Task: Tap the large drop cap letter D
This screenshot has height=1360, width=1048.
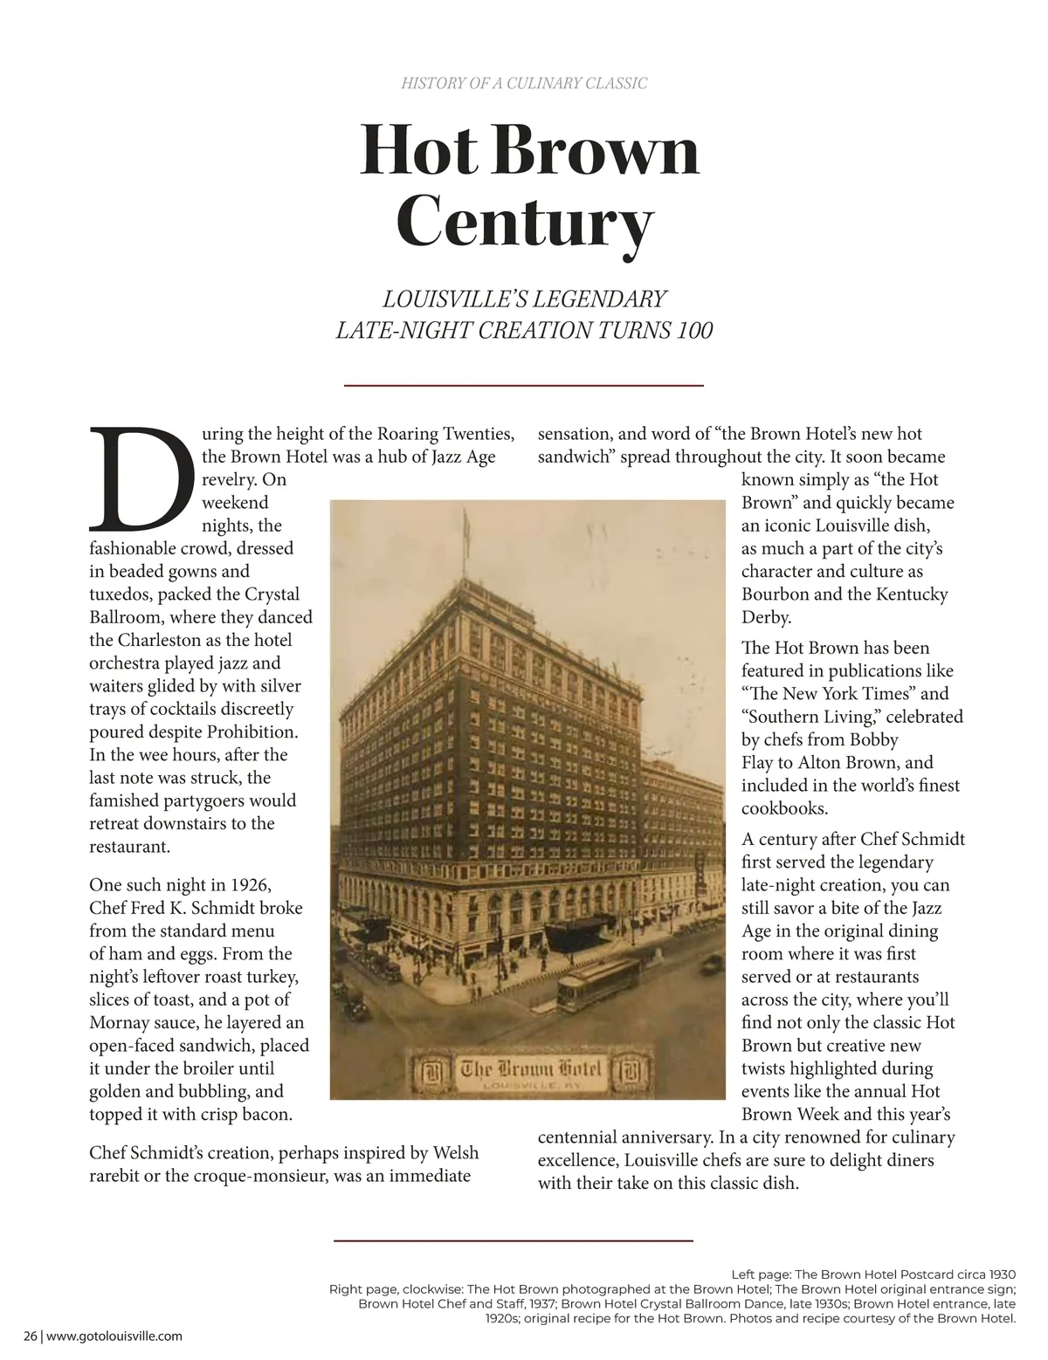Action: click(x=140, y=479)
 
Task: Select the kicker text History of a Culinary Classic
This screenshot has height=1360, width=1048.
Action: click(x=524, y=84)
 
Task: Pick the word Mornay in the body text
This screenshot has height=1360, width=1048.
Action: click(x=118, y=1022)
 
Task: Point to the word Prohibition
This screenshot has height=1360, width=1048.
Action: click(x=252, y=732)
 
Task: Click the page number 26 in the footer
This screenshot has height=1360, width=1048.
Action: click(x=31, y=1336)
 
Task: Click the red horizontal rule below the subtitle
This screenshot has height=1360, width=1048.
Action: click(x=524, y=385)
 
